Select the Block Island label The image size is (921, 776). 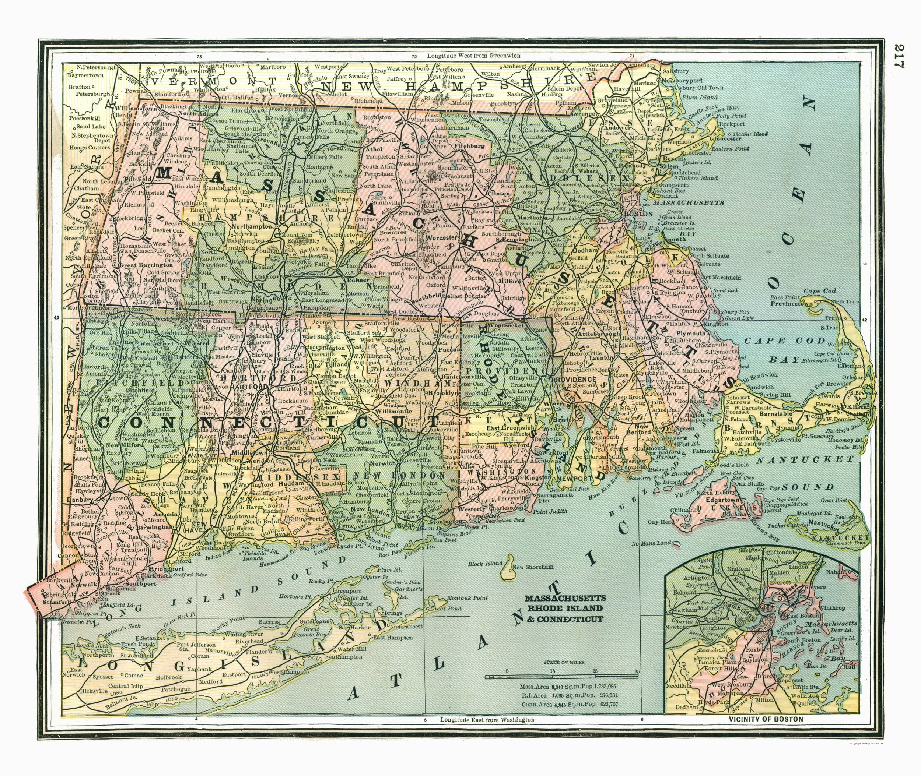tap(484, 564)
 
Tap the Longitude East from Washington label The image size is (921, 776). tap(487, 720)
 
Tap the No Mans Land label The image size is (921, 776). tap(652, 543)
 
